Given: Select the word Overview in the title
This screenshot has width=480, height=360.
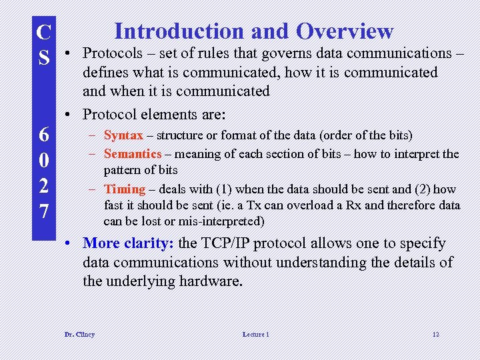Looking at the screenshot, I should [345, 31].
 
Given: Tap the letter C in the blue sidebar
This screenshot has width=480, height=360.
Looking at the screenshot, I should [43, 32].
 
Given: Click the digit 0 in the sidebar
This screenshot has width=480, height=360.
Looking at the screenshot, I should [43, 161].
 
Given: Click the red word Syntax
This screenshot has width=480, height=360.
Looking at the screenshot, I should [123, 135].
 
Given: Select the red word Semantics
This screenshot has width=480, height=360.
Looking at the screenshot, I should [133, 154].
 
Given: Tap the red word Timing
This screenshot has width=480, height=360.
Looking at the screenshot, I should [125, 189].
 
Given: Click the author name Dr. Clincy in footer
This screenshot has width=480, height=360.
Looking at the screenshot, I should [79, 334].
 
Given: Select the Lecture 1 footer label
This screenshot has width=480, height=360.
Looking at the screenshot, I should [256, 334].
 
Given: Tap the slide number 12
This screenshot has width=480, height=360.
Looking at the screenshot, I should [435, 334].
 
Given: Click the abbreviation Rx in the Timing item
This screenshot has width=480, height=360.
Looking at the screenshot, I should [353, 205].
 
